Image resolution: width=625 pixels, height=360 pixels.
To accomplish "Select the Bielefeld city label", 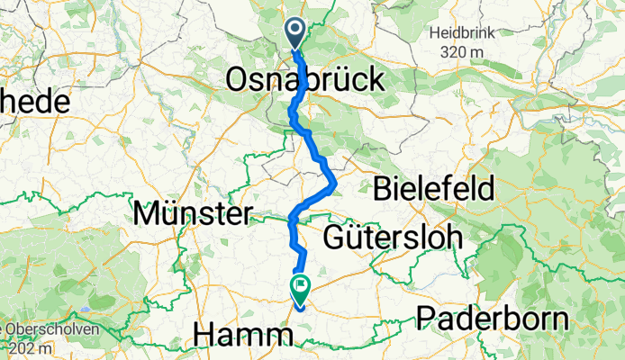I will (434, 189).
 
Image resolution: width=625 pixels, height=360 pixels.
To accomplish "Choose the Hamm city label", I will (244, 335).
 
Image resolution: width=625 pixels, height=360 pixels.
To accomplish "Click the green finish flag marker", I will (299, 288).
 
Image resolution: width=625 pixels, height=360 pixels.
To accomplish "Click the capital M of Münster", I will (146, 214).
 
